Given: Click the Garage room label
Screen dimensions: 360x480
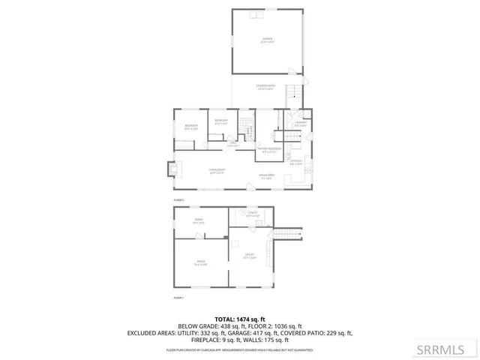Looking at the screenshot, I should coord(267,38).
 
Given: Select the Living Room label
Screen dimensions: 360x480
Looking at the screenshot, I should coord(217,172).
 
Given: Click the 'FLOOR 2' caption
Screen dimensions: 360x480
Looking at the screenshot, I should coord(178,200).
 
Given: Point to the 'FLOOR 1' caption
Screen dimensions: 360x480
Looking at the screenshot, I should coord(178,298).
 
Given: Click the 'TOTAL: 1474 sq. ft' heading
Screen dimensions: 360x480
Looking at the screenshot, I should coord(240,319).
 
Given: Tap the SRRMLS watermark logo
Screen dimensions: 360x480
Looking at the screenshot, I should coord(450,348).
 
